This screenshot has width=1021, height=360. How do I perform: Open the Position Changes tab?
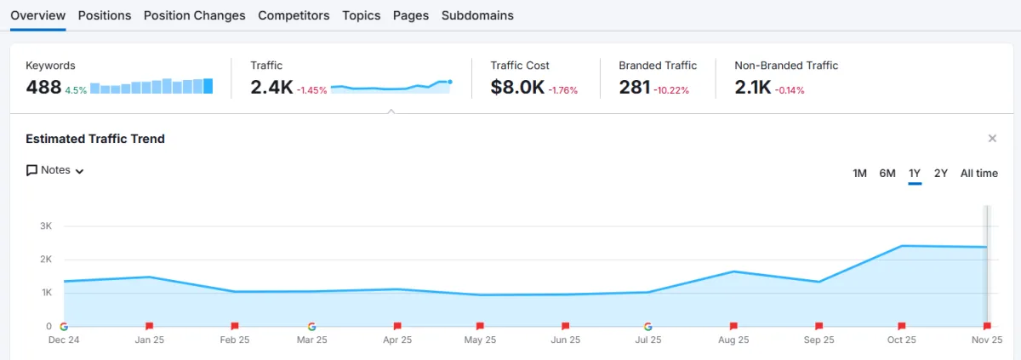coord(194,15)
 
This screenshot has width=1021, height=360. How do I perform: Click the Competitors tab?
coord(294,15)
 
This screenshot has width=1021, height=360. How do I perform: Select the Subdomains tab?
coord(477,15)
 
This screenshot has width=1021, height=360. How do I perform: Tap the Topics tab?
coord(362,15)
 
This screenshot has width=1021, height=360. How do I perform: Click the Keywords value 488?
coord(43,87)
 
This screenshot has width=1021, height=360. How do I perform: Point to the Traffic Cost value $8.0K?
coord(517,87)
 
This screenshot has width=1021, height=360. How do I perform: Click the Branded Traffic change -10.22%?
coord(671,89)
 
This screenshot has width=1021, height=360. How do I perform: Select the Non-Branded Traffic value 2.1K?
coord(752,87)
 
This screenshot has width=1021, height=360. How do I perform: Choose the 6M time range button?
coord(887,173)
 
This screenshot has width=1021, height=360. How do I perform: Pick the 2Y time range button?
coord(941,173)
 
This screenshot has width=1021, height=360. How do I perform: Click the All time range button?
coord(979,173)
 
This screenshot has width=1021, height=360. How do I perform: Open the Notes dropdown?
coord(55,170)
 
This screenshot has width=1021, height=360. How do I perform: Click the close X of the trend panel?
coord(992,138)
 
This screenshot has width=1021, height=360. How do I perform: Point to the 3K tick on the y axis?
coord(46,226)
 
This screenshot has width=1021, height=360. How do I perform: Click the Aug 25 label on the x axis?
coord(733,339)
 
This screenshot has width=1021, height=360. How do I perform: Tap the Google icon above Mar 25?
coord(311,326)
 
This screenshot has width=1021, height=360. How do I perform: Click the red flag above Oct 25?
coord(902,326)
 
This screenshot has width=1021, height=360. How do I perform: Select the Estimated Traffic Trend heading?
coord(95,139)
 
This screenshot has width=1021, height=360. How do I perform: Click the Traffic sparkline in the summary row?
coord(391,85)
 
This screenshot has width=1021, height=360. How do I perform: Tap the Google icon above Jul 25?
coord(648,326)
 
